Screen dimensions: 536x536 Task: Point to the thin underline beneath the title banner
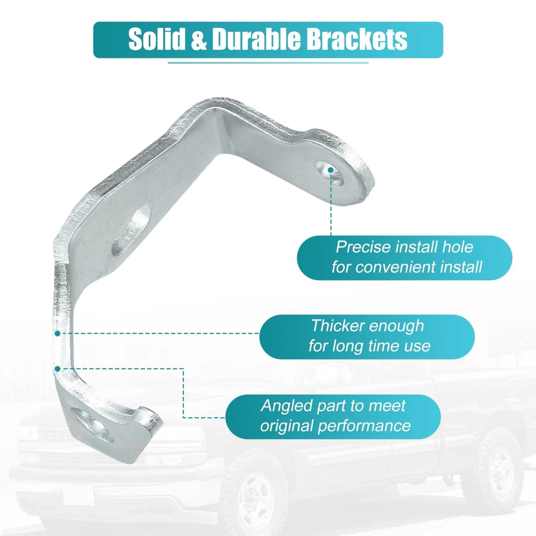click(x=268, y=63)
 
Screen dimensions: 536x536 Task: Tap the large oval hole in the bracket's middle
click(x=131, y=230)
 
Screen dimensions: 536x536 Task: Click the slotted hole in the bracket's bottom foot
click(x=92, y=425)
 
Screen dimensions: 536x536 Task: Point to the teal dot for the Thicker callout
click(x=57, y=333)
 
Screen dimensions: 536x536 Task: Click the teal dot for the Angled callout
click(x=57, y=369)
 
